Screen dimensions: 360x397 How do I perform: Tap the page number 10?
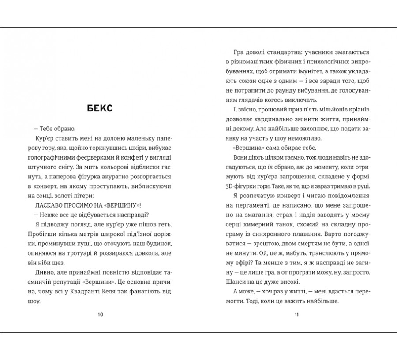click(x=100, y=315)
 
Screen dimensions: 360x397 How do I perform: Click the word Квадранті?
click(x=82, y=290)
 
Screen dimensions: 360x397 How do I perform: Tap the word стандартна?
click(x=283, y=52)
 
